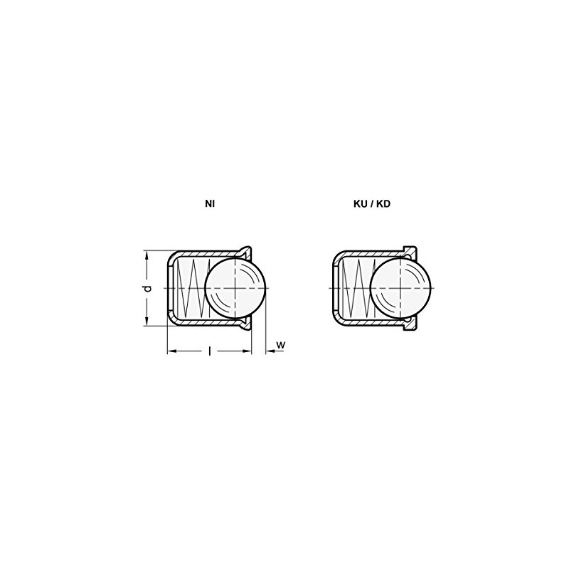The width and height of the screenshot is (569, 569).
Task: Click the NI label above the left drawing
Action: tap(210, 203)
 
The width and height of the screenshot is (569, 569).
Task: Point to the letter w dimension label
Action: tap(280, 345)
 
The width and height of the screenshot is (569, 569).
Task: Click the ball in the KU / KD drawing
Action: tap(400, 287)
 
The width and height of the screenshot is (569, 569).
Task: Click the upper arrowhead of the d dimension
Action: tap(147, 255)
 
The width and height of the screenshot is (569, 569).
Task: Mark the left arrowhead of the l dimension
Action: tap(171, 351)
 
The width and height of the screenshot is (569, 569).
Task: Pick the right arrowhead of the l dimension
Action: tap(249, 351)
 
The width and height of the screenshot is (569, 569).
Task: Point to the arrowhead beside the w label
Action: tap(268, 351)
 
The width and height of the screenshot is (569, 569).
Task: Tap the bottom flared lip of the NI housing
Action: tap(246, 325)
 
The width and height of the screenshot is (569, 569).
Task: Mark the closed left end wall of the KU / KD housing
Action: tap(335, 287)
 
